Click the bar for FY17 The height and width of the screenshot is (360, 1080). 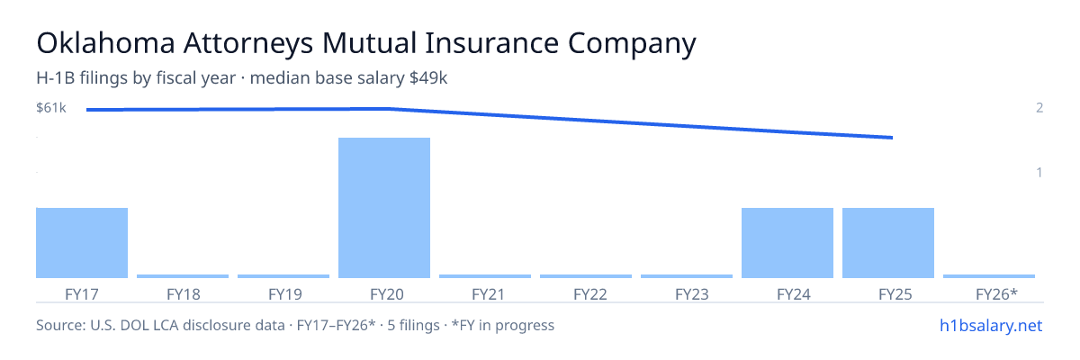82,243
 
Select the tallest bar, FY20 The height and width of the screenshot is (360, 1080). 384,208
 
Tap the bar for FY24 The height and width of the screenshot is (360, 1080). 787,243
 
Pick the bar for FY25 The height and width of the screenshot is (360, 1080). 888,243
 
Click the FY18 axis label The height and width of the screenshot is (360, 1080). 184,294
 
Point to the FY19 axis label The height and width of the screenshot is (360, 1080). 285,294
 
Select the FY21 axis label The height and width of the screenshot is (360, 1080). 488,294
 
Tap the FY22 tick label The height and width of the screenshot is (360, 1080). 590,294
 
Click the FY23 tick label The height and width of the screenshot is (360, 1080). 692,294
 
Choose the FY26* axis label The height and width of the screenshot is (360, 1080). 996,294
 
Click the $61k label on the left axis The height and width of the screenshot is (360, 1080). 51,108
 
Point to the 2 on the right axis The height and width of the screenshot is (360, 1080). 1039,108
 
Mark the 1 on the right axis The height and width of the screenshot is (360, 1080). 1039,173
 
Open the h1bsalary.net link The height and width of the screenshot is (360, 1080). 991,326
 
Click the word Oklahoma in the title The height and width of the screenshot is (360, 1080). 105,43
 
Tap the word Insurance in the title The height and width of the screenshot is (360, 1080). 491,43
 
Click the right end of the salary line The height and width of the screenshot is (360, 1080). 892,138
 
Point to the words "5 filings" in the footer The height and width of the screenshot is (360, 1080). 414,326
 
